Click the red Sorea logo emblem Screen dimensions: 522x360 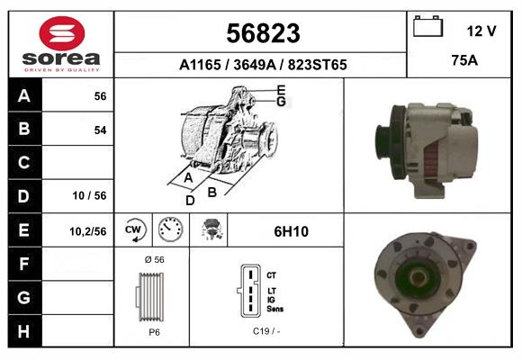coord(62,33)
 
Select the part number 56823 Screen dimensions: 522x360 coord(263,33)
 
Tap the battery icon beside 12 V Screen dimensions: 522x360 coord(427,26)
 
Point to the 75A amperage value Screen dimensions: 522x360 coord(464,60)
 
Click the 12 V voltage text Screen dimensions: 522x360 coord(481,31)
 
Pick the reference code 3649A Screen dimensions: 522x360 coord(255,65)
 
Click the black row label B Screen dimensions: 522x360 coord(24,129)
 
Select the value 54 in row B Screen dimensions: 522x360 coord(100,130)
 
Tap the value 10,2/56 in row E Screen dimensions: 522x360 coord(88,231)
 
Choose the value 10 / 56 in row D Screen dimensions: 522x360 coord(90,195)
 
